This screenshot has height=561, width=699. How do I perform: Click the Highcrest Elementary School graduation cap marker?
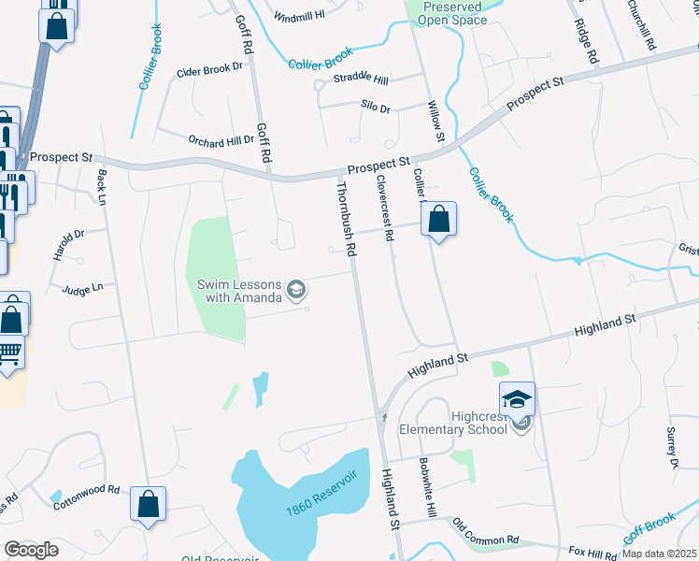point(517,400)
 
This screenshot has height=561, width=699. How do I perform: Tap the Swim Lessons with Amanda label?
point(239,291)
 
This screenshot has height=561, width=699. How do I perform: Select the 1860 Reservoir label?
point(322,496)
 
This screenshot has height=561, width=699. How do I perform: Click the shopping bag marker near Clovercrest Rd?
point(438,221)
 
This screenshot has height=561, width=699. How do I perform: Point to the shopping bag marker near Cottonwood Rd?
point(148,506)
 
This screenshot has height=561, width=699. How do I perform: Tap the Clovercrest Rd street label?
point(384,209)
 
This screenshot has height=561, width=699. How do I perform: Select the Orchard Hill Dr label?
point(221,141)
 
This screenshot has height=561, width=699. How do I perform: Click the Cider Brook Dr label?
point(209,70)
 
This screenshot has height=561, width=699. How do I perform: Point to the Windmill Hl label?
point(299,17)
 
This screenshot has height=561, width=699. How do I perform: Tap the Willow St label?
point(435,122)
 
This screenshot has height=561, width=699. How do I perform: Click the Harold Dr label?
point(68,244)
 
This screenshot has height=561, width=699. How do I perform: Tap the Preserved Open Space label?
point(452,12)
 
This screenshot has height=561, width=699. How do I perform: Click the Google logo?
point(32,550)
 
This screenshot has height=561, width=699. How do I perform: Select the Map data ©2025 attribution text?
point(660,554)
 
